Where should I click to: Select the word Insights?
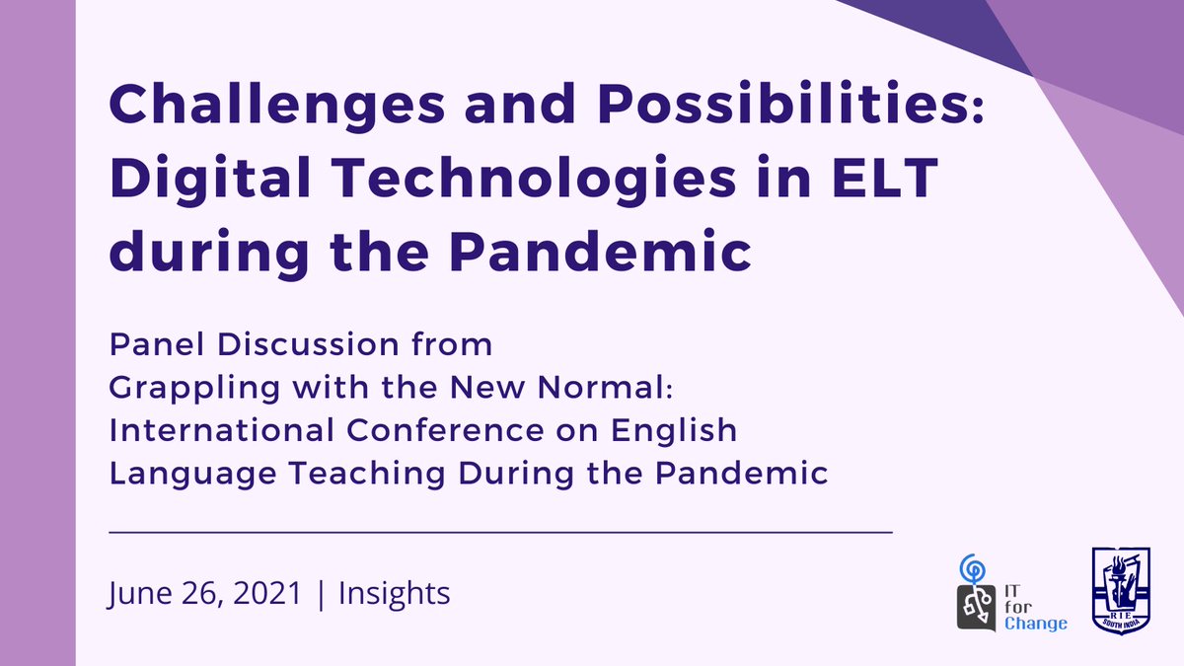(394, 594)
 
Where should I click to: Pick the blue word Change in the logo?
(1035, 624)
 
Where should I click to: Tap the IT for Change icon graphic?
(977, 592)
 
